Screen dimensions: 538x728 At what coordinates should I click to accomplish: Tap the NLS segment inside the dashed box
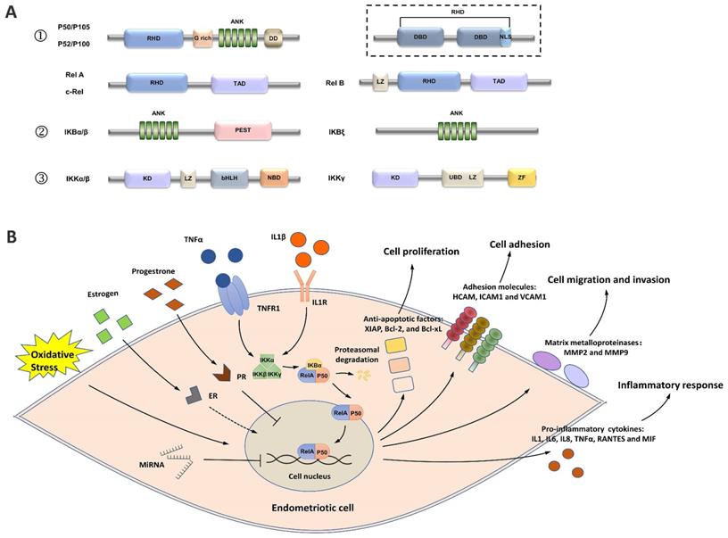coord(505,39)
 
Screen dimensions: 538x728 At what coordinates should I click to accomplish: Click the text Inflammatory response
coord(667,385)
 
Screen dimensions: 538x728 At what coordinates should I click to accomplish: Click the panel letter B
coord(12,237)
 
